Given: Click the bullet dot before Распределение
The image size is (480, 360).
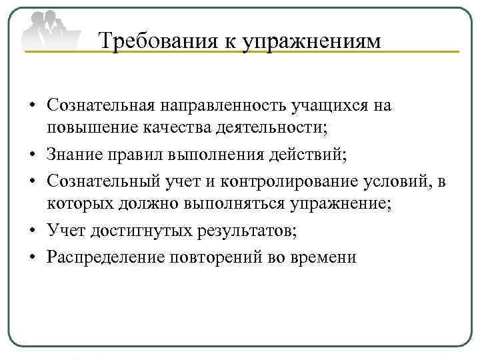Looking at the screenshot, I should tap(33, 257).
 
